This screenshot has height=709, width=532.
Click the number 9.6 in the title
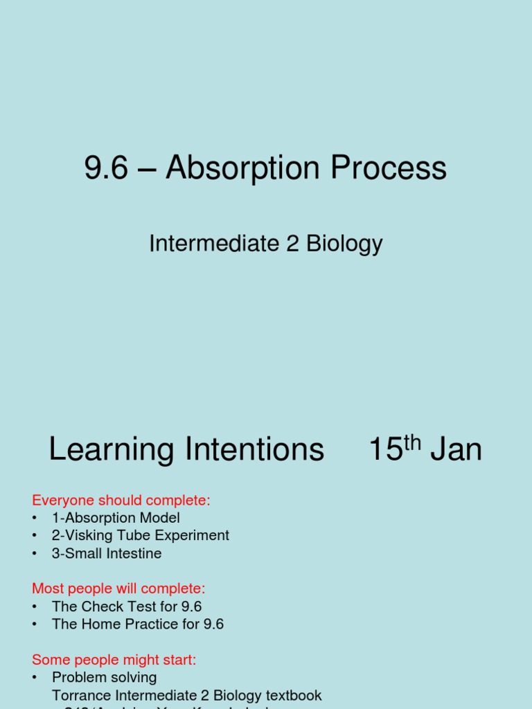click(106, 168)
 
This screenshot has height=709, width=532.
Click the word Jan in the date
click(456, 450)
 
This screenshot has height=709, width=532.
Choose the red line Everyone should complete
click(121, 500)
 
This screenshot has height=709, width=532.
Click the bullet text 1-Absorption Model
click(116, 518)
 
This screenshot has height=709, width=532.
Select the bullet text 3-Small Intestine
click(107, 553)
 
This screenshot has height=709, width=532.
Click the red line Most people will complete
click(118, 589)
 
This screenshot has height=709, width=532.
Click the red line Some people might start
click(114, 660)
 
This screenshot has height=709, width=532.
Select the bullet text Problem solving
click(105, 677)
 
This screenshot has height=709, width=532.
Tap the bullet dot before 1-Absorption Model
click(34, 518)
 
